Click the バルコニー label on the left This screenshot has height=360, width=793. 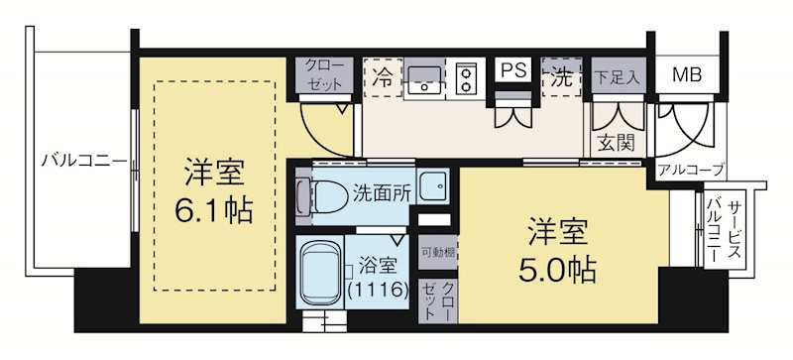coord(83,160)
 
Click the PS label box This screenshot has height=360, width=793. coord(512,71)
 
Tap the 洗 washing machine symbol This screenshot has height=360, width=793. coord(563,77)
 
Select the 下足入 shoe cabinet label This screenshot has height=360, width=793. coord(618,76)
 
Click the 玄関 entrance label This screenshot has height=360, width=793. coord(616,142)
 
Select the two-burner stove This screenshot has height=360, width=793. coord(466,79)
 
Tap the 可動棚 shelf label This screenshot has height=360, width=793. coord(437,254)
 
